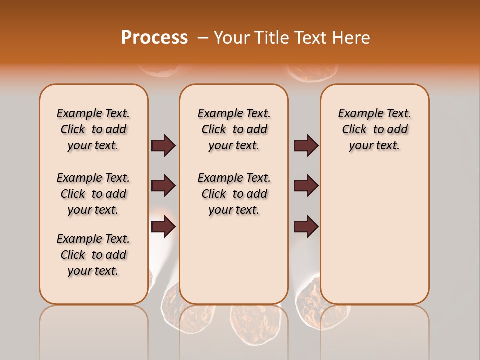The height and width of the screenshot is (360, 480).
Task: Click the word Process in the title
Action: pyautogui.click(x=154, y=38)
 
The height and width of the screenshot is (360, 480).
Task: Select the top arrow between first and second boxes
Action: pyautogui.click(x=163, y=146)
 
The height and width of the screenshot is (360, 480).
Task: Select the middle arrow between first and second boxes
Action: pyautogui.click(x=163, y=186)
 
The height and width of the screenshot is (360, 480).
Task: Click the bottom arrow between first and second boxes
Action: pyautogui.click(x=163, y=227)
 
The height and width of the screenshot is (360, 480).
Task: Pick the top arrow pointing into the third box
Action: pyautogui.click(x=306, y=146)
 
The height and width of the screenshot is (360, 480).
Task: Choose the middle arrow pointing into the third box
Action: pyautogui.click(x=306, y=186)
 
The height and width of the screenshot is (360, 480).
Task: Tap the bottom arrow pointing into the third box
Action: pyautogui.click(x=306, y=227)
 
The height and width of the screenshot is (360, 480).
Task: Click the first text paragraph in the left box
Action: pyautogui.click(x=93, y=129)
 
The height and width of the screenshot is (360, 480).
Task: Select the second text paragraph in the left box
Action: pyautogui.click(x=93, y=194)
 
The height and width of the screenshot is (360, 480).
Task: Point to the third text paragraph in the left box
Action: pyautogui.click(x=93, y=255)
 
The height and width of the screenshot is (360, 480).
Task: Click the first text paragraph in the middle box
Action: pyautogui.click(x=234, y=129)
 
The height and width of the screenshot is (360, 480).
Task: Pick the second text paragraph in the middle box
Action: pyautogui.click(x=234, y=194)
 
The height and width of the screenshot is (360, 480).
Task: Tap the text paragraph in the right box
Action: pyautogui.click(x=375, y=129)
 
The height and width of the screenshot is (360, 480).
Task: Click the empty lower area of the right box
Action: pyautogui.click(x=375, y=235)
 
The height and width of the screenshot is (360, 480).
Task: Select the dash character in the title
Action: pyautogui.click(x=202, y=38)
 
